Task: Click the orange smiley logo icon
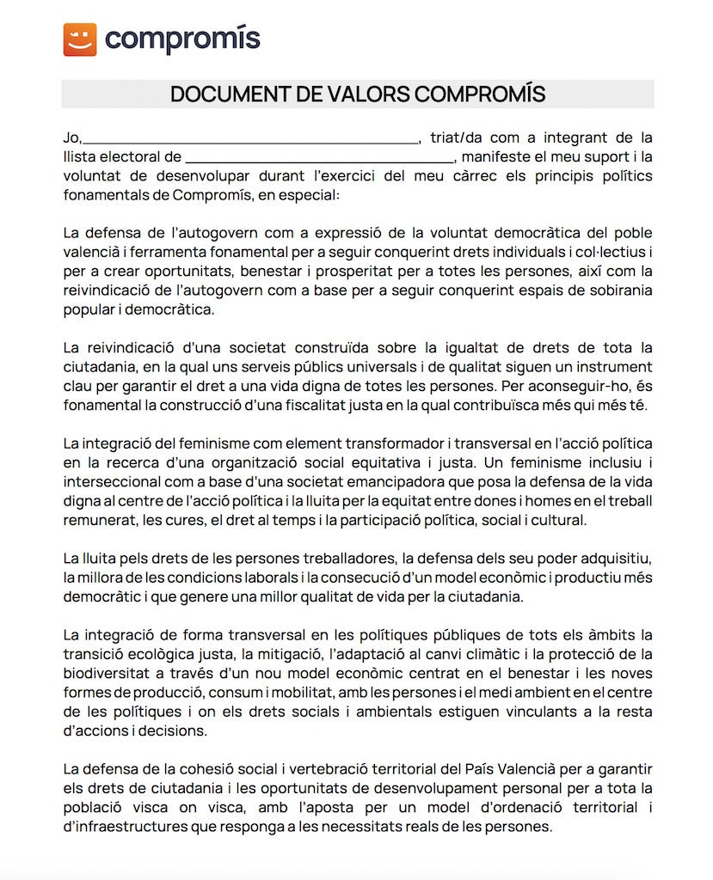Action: click(80, 40)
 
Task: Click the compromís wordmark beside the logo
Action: click(182, 40)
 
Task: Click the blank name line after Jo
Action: click(249, 137)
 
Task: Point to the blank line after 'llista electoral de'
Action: click(318, 157)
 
